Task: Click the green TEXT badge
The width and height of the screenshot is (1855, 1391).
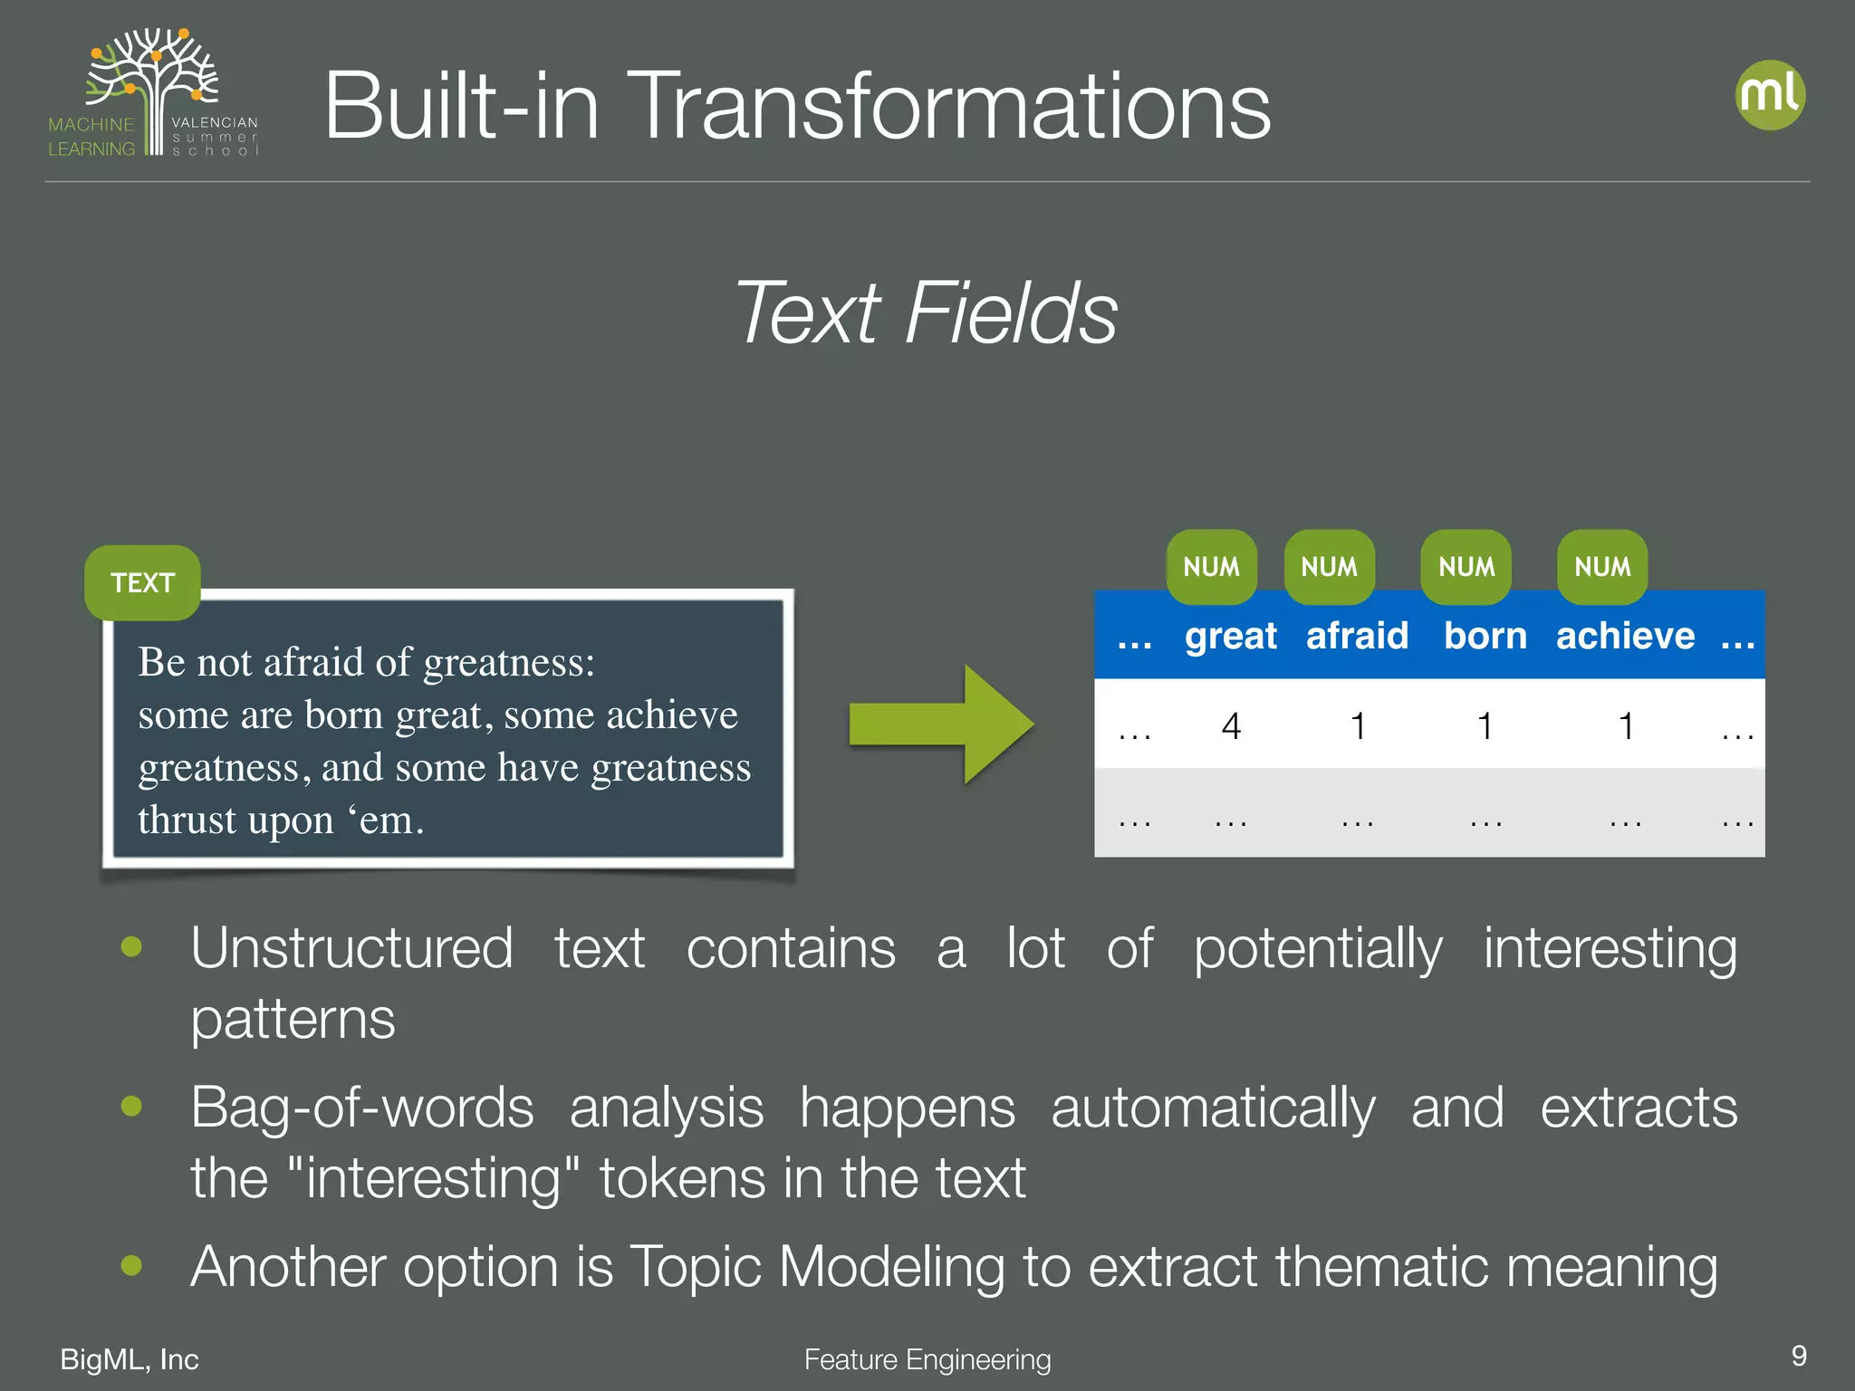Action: (142, 582)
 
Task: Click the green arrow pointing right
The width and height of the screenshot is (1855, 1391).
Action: (942, 724)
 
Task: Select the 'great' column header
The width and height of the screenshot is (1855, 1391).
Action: (1230, 636)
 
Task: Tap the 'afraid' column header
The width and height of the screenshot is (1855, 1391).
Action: (1357, 636)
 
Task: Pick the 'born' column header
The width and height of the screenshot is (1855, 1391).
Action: (1485, 636)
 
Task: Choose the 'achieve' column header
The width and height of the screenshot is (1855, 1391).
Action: (1625, 636)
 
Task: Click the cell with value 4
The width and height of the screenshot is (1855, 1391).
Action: (1230, 725)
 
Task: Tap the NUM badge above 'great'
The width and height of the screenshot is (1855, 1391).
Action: (1211, 567)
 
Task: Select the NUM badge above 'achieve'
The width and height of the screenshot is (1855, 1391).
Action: (1601, 567)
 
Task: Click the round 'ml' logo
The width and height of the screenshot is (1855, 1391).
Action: (1770, 95)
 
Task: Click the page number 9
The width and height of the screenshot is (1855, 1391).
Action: (1798, 1356)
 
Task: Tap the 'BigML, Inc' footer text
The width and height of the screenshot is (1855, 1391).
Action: (129, 1359)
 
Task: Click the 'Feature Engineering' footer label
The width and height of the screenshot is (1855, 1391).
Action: (927, 1359)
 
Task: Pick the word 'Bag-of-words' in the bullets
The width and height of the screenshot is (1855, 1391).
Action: (362, 1108)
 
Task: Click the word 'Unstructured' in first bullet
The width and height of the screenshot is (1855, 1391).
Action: (351, 948)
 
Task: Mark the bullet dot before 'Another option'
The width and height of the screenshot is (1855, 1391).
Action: (131, 1264)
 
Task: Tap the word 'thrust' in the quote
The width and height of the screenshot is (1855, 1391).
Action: (187, 820)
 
